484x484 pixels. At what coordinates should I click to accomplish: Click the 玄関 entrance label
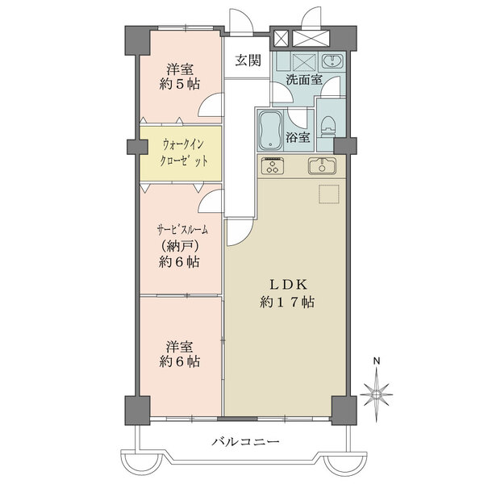(x=248, y=60)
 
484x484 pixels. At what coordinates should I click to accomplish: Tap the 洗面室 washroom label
(x=304, y=80)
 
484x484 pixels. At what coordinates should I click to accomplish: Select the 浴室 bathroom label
(x=298, y=137)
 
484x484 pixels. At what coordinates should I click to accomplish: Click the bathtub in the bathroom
(x=271, y=131)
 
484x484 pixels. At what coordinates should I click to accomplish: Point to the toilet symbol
(x=328, y=127)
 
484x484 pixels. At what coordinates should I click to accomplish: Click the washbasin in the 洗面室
(x=332, y=61)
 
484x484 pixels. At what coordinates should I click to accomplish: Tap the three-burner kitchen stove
(x=273, y=165)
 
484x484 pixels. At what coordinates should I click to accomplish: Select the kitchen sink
(x=322, y=165)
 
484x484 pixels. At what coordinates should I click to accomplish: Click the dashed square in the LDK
(x=329, y=194)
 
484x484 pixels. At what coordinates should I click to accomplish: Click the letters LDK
(x=288, y=285)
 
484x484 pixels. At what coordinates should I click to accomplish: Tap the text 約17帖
(x=287, y=302)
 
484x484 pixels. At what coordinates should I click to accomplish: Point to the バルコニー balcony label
(x=245, y=442)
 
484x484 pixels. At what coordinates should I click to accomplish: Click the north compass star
(x=377, y=394)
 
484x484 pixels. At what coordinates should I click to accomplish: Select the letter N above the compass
(x=377, y=361)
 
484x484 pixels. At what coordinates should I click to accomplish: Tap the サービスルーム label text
(x=182, y=230)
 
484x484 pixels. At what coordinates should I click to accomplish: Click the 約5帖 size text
(x=180, y=84)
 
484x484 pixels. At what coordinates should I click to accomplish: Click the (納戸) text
(x=179, y=246)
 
